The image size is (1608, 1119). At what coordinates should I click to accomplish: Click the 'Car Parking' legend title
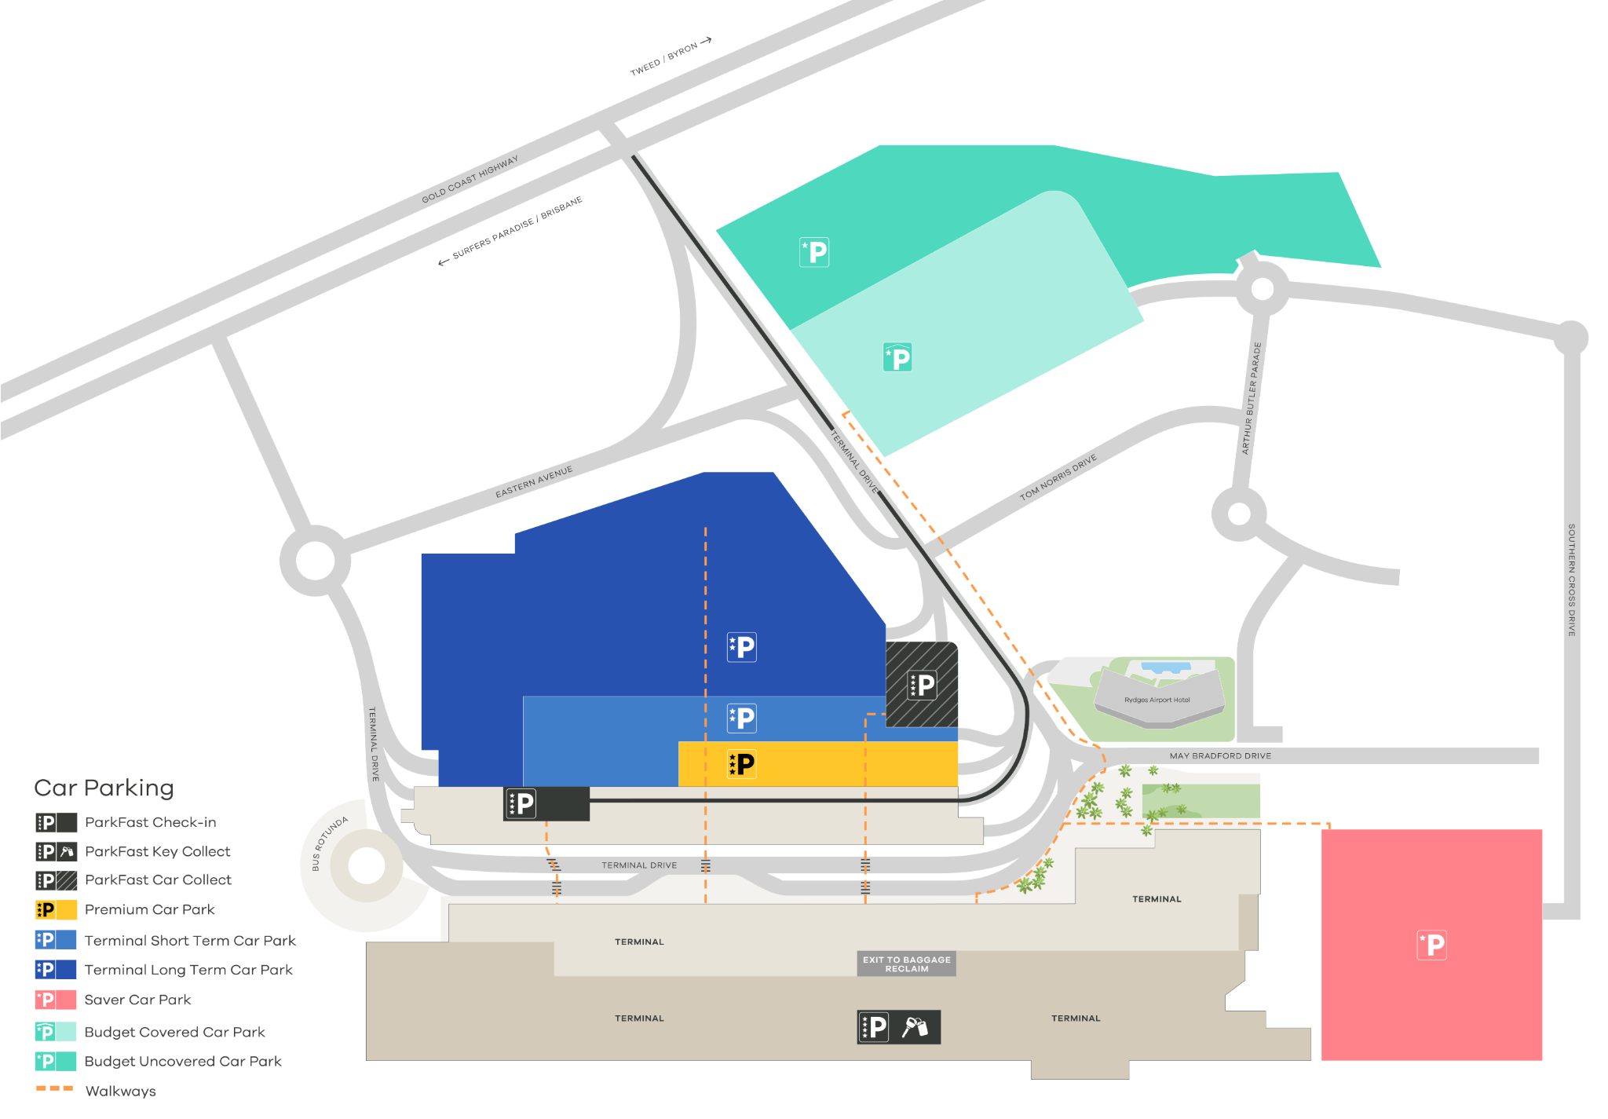tap(104, 788)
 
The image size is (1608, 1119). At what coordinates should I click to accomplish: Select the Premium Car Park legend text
tap(149, 909)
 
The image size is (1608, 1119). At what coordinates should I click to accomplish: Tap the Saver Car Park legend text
tap(137, 1000)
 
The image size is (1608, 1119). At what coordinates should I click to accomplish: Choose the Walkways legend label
tap(120, 1091)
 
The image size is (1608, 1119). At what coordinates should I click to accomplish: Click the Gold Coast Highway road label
tap(470, 179)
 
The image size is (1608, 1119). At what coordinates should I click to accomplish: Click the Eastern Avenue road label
tap(534, 481)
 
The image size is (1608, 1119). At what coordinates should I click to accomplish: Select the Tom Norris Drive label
tap(1058, 477)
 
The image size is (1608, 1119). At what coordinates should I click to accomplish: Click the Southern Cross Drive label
tap(1571, 580)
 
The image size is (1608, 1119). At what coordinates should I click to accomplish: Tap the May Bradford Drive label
tap(1220, 756)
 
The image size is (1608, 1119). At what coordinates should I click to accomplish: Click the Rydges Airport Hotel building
tap(1159, 697)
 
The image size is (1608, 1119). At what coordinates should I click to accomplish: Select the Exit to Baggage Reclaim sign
tap(907, 964)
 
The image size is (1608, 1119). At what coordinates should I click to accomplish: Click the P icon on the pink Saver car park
tap(1431, 945)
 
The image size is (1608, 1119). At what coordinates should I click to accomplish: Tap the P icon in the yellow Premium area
tap(742, 763)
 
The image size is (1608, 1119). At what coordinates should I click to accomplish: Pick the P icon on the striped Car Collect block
tap(922, 685)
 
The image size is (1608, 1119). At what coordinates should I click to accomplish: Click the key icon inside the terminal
tap(915, 1026)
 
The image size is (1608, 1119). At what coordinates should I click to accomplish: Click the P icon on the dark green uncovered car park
tap(814, 252)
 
